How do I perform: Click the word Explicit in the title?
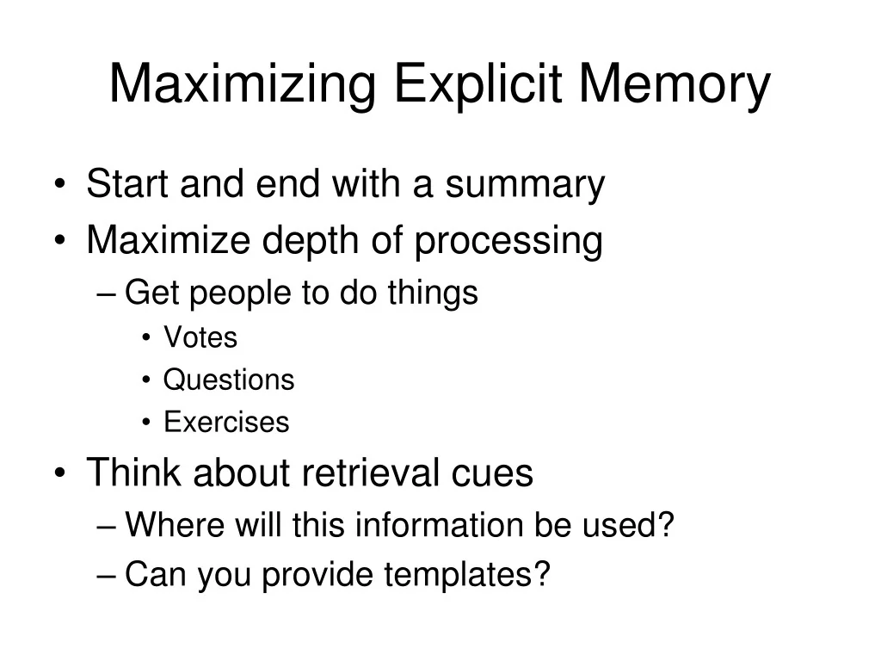478,84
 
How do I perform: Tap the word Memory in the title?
675,84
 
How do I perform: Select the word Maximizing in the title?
242,84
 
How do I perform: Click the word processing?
508,242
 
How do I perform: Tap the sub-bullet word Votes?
200,337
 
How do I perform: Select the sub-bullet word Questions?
229,380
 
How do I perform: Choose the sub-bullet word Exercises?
226,422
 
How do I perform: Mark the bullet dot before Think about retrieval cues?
60,473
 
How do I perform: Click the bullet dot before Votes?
146,337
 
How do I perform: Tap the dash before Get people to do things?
106,293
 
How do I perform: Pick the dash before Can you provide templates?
106,575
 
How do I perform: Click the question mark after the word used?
665,524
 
